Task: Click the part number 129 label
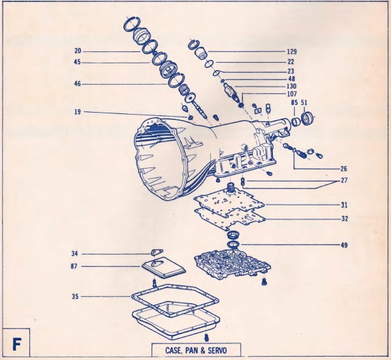[x=292, y=51]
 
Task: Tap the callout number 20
[x=78, y=51]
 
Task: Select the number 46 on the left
[x=77, y=84]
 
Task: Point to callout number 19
[x=77, y=112]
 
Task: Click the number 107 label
[x=292, y=94]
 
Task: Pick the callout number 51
[x=304, y=103]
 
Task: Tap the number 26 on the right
[x=344, y=169]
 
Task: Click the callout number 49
[x=344, y=245]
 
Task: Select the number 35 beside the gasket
[x=75, y=297]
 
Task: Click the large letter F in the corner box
[x=17, y=345]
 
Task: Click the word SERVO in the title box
[x=219, y=351]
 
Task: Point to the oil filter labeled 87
[x=163, y=267]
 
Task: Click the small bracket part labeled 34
[x=156, y=252]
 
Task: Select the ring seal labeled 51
[x=307, y=119]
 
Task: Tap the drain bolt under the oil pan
[x=206, y=337]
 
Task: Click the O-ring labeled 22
[x=209, y=64]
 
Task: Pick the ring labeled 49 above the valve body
[x=234, y=245]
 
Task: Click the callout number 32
[x=344, y=219]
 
